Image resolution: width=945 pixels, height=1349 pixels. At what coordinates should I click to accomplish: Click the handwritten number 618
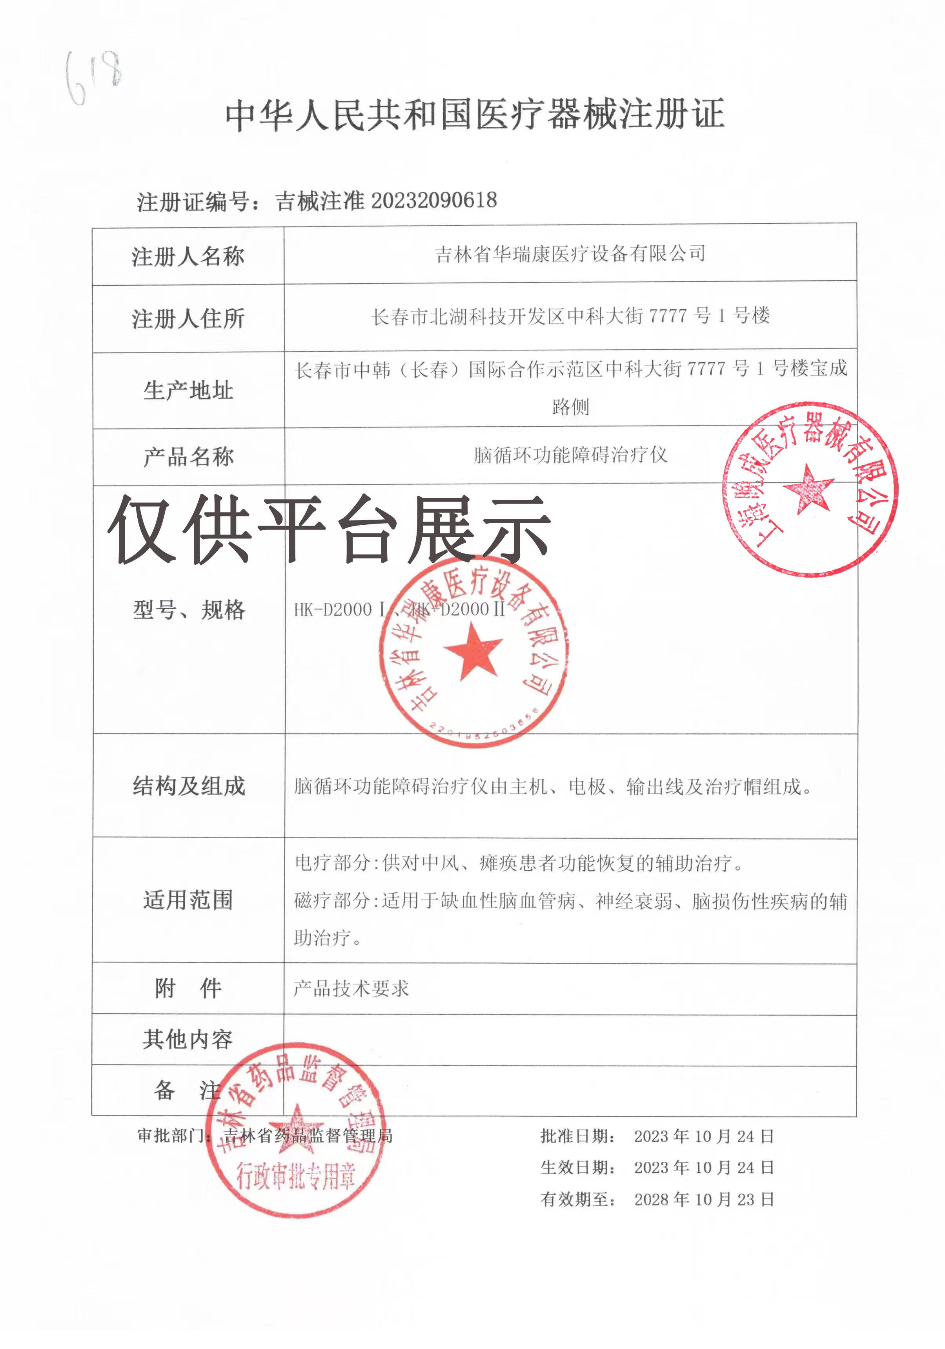click(94, 77)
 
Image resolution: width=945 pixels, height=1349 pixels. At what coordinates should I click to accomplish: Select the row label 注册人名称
click(188, 257)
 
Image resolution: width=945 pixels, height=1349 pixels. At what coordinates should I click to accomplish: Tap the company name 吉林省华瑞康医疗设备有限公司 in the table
click(570, 254)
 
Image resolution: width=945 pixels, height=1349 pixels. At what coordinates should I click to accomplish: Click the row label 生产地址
click(188, 390)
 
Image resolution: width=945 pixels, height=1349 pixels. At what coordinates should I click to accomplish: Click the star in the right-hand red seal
click(809, 488)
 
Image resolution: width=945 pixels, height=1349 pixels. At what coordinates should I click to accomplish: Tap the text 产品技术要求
click(351, 989)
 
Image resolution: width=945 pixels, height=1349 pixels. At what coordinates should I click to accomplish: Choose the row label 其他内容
click(188, 1039)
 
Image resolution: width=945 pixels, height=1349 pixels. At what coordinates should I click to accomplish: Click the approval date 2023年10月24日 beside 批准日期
click(703, 1136)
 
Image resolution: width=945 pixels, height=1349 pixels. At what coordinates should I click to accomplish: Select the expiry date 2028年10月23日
click(703, 1199)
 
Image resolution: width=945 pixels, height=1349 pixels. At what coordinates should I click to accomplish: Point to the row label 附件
click(188, 988)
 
